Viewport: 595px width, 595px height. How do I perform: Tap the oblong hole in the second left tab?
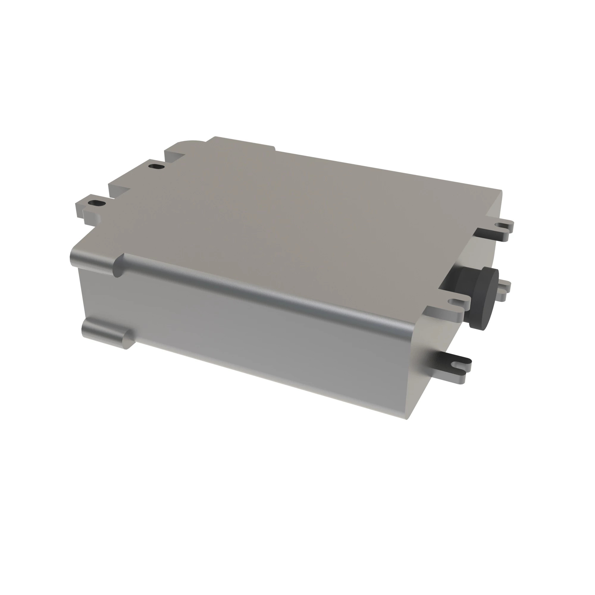[x=156, y=167]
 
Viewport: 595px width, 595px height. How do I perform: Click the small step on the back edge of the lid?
[x=274, y=149]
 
